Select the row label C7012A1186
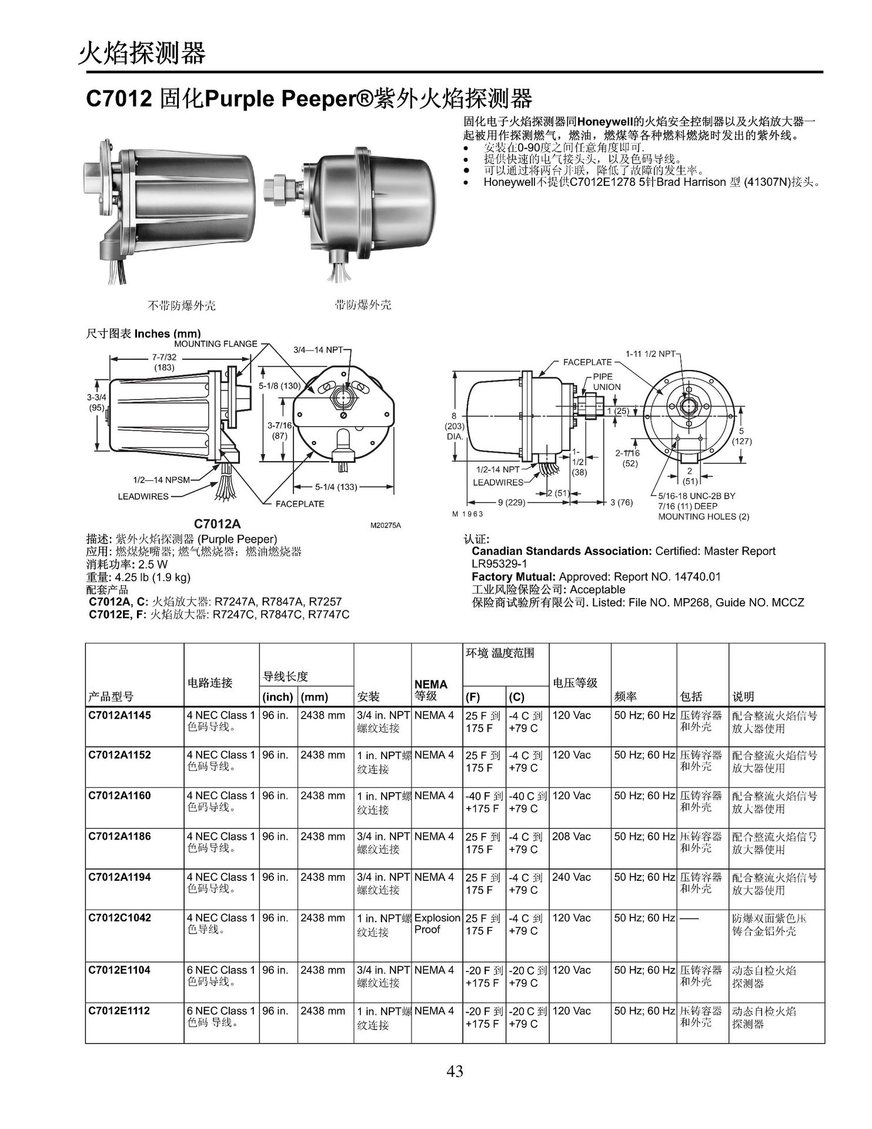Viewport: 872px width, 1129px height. coord(119,836)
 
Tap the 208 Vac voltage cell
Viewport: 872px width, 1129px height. coord(571,836)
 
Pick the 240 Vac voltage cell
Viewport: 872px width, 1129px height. coord(571,876)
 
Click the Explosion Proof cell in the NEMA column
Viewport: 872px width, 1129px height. coord(437,923)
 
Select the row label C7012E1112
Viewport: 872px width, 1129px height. coord(119,1010)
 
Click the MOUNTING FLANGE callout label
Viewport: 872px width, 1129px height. coord(215,343)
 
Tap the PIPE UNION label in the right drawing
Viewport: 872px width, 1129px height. coord(606,382)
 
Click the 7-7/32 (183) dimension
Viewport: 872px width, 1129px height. coord(164,362)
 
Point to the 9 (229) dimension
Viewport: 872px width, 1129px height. coord(511,503)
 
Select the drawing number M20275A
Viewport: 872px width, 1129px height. coord(385,525)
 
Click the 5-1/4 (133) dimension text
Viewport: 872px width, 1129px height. coord(336,486)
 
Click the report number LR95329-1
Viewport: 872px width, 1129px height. coord(499,564)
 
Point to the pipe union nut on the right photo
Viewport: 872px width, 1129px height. coord(276,189)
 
